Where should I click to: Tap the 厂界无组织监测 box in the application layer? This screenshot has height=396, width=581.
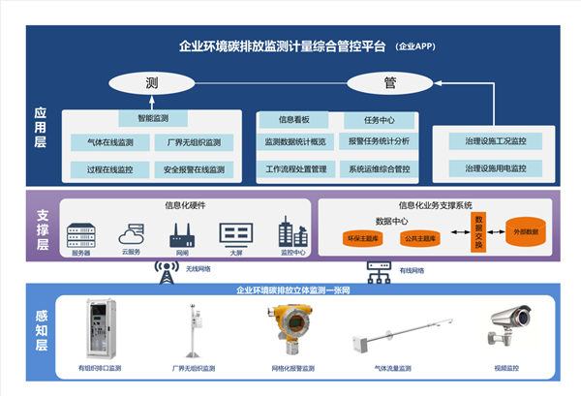click(194, 143)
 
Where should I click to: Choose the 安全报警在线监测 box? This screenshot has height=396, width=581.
click(194, 169)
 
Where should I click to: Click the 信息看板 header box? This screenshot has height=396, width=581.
click(294, 121)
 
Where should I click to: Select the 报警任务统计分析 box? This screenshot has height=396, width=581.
click(379, 143)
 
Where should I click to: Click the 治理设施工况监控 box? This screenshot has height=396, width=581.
click(495, 143)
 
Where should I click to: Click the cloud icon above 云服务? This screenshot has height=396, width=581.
click(131, 233)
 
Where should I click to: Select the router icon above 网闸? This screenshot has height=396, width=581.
click(181, 233)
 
